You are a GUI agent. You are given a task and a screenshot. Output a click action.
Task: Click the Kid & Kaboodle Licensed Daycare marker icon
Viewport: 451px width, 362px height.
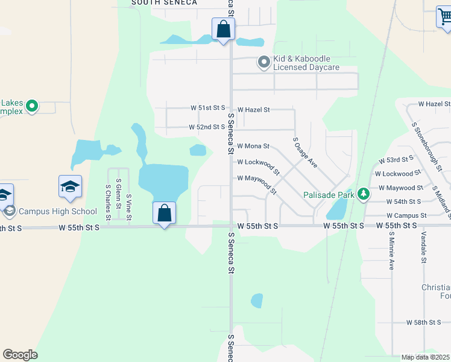(263, 62)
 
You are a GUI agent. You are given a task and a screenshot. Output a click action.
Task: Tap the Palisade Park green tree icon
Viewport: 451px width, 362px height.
(363, 194)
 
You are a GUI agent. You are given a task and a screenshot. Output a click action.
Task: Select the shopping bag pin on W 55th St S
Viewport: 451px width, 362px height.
(164, 213)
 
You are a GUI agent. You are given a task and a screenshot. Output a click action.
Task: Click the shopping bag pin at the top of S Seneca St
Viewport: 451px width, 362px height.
(223, 29)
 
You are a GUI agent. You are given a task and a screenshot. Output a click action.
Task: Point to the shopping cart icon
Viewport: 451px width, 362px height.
(444, 18)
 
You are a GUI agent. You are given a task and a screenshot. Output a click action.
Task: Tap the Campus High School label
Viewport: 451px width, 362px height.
(57, 211)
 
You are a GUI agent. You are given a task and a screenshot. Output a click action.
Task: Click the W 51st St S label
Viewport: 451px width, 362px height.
(207, 108)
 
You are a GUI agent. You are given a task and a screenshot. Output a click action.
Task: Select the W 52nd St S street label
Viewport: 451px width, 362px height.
(206, 127)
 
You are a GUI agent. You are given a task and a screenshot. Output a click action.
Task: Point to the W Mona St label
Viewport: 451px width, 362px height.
(253, 146)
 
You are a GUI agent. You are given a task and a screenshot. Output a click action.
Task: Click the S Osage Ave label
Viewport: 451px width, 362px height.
(304, 152)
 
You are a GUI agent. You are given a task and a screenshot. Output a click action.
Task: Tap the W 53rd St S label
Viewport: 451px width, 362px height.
(396, 160)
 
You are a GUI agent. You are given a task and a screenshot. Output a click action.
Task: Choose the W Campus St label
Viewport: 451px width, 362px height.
(406, 215)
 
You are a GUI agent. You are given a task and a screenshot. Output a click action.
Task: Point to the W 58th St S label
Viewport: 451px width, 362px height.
(424, 323)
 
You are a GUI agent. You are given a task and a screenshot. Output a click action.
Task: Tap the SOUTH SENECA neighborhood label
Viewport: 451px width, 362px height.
(164, 3)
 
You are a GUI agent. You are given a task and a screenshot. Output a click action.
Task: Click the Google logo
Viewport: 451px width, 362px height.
(20, 355)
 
